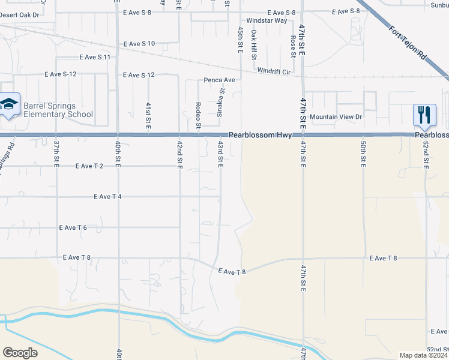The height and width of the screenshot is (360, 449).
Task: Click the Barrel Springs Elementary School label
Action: click(x=58, y=110)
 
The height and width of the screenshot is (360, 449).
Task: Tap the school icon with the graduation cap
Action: click(x=10, y=105)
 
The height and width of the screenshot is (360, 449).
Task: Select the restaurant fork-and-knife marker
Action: click(x=424, y=115)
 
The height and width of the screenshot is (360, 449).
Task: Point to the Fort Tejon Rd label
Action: click(x=406, y=43)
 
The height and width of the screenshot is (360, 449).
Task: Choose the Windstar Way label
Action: click(x=268, y=20)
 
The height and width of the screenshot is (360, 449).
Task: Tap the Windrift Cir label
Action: click(x=274, y=71)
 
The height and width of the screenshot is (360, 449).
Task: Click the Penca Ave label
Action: click(x=218, y=80)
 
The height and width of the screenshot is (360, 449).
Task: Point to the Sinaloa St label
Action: click(x=220, y=101)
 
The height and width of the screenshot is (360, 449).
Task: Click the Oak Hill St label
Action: click(x=254, y=47)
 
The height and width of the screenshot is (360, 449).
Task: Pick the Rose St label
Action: click(x=292, y=46)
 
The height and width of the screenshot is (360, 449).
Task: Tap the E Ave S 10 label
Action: click(x=139, y=44)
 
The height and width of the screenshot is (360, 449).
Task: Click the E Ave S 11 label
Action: click(x=95, y=57)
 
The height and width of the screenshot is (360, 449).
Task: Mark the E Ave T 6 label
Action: click(x=73, y=227)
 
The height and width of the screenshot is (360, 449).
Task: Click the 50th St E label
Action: click(x=363, y=155)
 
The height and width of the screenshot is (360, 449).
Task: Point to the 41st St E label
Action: click(x=148, y=114)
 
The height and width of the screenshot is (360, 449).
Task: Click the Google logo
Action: click(x=20, y=353)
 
